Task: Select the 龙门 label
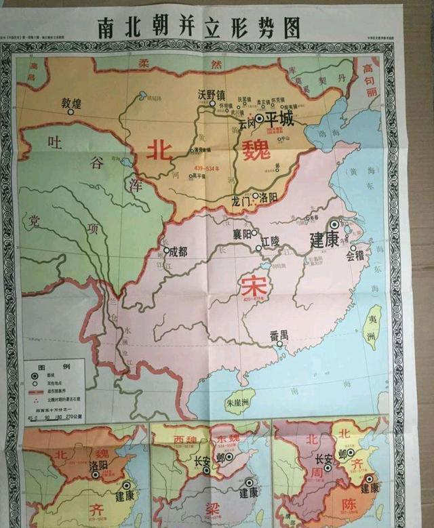(x=241, y=201)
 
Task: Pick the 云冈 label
(x=247, y=125)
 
